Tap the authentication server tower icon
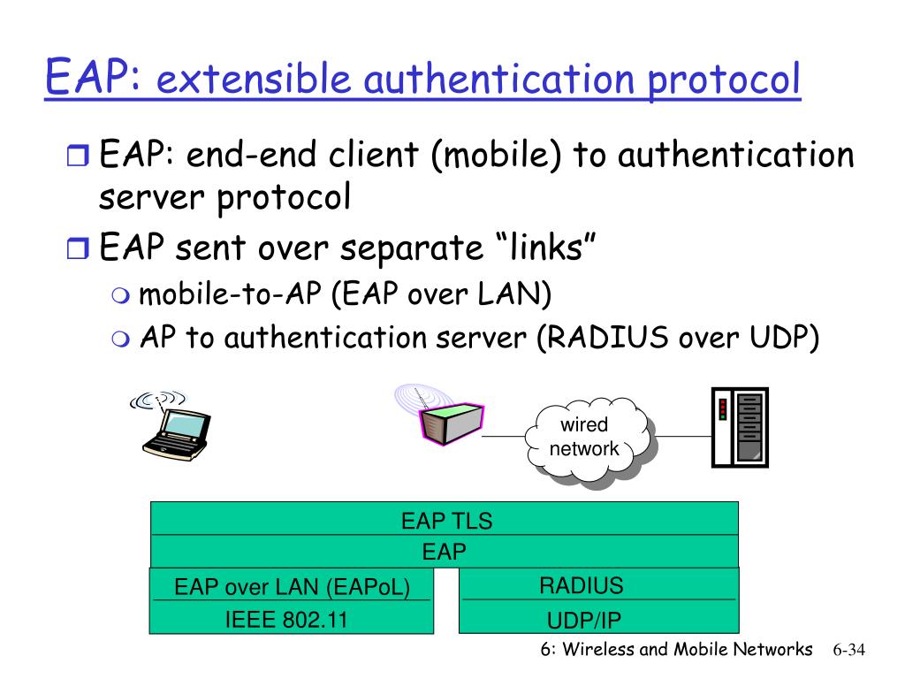coord(739,427)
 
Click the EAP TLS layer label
coord(446,521)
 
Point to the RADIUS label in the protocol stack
coord(581,585)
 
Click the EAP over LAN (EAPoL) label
coord(292,587)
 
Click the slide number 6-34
coord(848,650)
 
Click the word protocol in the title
coord(724,80)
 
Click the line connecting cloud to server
coord(685,436)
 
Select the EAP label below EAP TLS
coord(444,553)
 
